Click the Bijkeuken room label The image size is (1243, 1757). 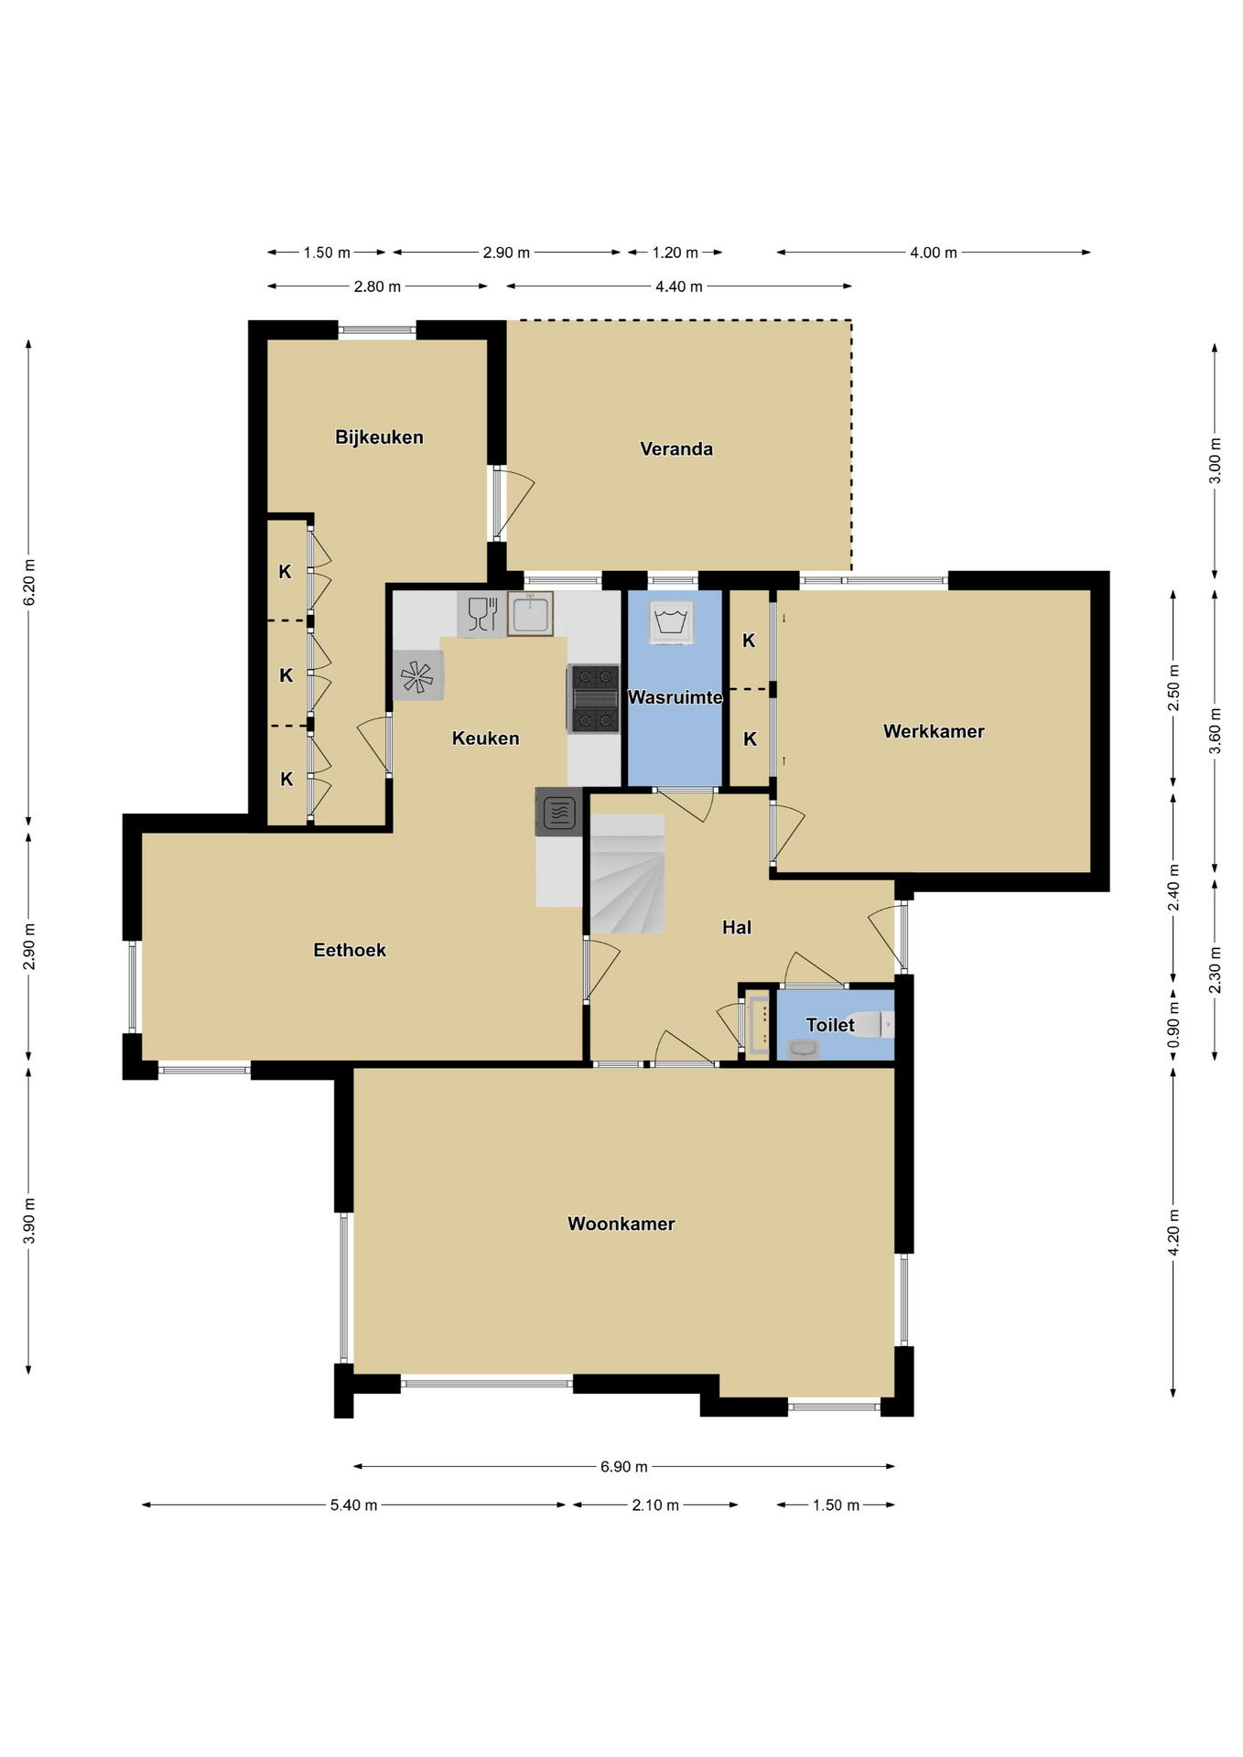tap(379, 437)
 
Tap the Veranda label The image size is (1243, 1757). tap(676, 448)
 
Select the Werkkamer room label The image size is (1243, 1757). tap(934, 731)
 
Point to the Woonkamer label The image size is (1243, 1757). tap(621, 1223)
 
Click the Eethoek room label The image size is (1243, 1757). tap(350, 950)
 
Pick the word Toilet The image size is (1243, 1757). tap(830, 1025)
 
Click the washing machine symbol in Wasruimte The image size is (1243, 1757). tap(672, 622)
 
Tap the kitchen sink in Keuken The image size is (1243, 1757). tap(530, 614)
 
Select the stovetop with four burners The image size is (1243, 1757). tap(593, 699)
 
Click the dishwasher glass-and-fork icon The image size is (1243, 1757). tap(481, 614)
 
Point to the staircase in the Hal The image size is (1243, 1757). tap(628, 874)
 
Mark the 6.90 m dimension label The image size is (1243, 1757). tap(624, 1467)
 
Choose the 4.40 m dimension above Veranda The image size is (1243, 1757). tap(679, 286)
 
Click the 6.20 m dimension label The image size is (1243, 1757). tap(29, 582)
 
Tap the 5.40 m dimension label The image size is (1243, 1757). tap(354, 1505)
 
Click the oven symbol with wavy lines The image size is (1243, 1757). tap(559, 813)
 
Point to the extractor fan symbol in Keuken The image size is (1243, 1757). tap(417, 676)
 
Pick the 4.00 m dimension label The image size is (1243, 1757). tap(934, 253)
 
